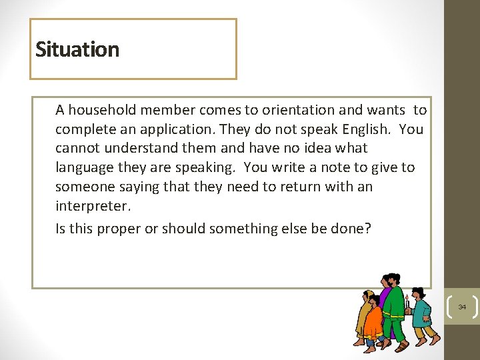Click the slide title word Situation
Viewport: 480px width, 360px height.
click(77, 49)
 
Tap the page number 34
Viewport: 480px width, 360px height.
click(461, 307)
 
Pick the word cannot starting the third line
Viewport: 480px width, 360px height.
click(77, 148)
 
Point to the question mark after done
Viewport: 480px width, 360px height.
click(368, 229)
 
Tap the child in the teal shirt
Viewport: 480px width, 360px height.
click(423, 317)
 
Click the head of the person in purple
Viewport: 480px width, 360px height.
click(385, 284)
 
